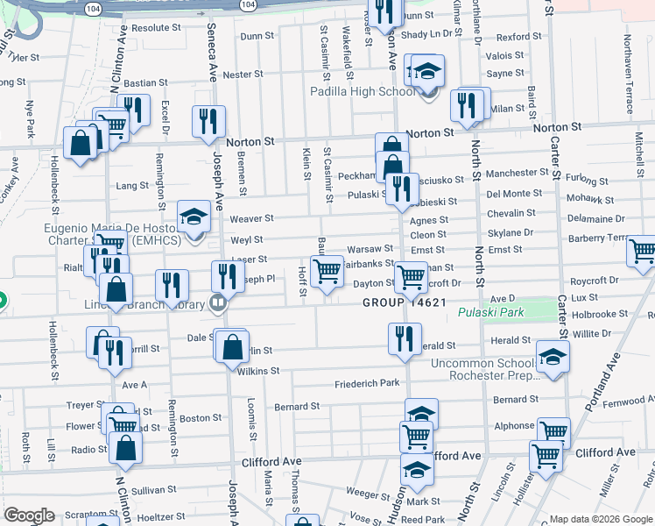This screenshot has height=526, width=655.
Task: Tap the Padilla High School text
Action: (363, 91)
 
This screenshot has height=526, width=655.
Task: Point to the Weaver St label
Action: (252, 218)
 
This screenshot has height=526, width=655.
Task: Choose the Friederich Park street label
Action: (367, 384)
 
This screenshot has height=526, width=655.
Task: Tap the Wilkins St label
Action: (258, 371)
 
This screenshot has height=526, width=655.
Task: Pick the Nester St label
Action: (237, 75)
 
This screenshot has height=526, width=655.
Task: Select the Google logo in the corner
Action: (29, 515)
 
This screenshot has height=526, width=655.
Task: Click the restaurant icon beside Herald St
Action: (404, 338)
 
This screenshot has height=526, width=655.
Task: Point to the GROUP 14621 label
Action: (406, 302)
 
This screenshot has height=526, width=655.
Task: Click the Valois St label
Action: (505, 55)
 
